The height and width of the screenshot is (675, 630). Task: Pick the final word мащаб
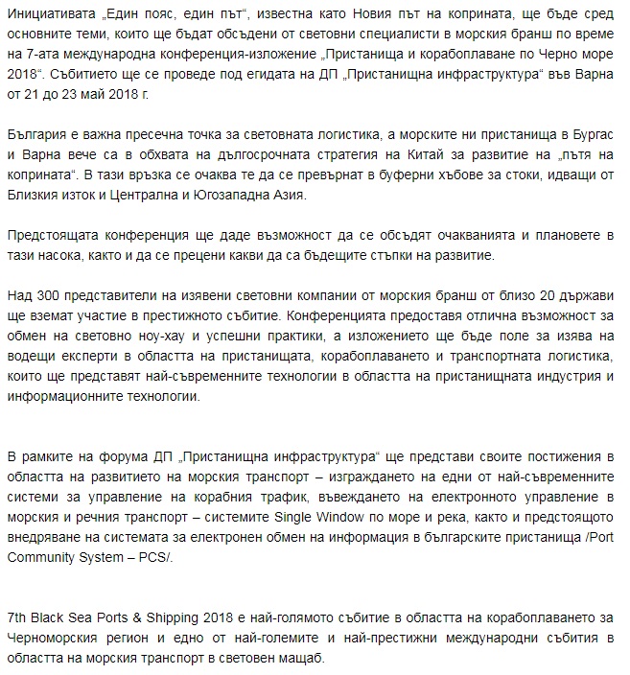299,662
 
